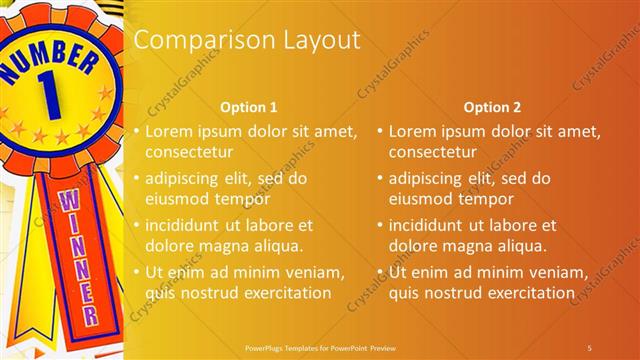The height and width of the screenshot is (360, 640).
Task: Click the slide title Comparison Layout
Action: click(247, 41)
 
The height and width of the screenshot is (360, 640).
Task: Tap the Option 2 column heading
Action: click(492, 107)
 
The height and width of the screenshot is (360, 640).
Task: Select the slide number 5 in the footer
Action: click(589, 347)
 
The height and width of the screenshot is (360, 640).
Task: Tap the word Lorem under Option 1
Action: click(169, 131)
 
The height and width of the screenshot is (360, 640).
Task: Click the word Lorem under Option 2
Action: click(412, 131)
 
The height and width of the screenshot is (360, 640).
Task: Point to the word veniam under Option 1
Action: click(316, 272)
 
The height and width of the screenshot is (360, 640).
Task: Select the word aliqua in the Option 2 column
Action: click(520, 246)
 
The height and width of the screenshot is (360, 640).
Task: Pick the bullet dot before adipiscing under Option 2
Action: click(380, 178)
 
